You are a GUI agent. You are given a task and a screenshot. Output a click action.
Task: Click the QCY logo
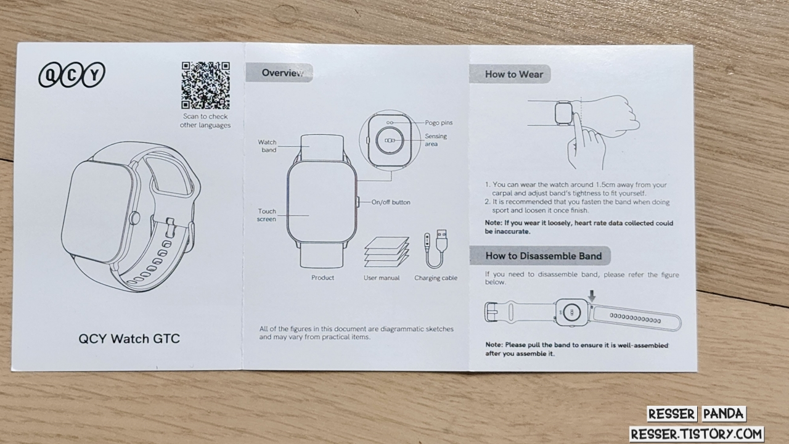point(72,75)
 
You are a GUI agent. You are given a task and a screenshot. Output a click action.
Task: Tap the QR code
point(206,85)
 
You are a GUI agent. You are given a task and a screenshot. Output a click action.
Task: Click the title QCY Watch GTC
point(129,339)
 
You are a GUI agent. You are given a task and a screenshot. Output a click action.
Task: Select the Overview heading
point(282,73)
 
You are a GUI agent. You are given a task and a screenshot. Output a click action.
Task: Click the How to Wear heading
point(514,75)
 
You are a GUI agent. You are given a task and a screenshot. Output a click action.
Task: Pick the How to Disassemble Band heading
point(544,256)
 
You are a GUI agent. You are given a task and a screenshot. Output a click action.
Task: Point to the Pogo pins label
point(438,123)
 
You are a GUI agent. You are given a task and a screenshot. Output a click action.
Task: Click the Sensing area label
point(435,140)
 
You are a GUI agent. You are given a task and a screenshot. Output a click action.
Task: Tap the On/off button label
point(391,202)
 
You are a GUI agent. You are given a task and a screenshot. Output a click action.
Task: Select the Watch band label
point(268,146)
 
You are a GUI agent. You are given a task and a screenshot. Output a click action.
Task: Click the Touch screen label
point(267,215)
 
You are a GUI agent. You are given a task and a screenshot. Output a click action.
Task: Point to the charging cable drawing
point(436,249)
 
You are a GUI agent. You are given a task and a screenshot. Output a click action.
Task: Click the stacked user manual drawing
point(386,252)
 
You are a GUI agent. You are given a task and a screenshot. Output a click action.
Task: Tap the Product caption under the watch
point(322,277)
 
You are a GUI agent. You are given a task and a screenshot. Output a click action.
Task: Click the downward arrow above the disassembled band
point(592,296)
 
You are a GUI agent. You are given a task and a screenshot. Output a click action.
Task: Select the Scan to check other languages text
point(205,120)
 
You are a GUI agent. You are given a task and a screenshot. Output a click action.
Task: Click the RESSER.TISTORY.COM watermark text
point(697,434)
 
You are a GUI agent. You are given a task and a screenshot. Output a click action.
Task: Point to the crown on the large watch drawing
point(134,218)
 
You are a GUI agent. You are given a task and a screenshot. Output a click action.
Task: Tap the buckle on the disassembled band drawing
point(491,312)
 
